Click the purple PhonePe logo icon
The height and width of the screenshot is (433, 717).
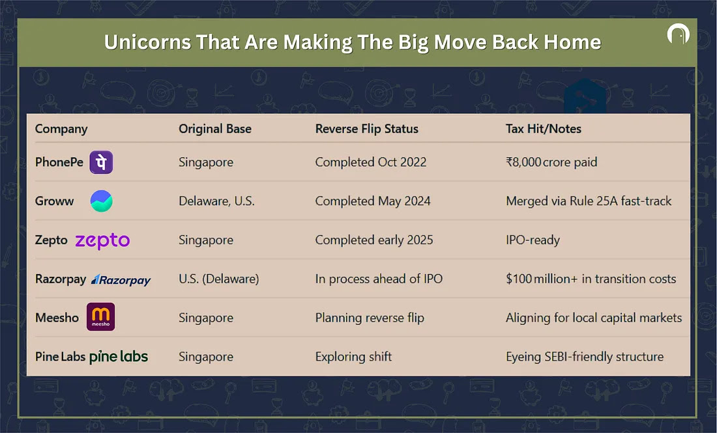pos(101,162)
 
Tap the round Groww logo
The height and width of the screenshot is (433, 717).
pos(101,201)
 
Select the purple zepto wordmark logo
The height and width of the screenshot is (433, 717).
pos(102,241)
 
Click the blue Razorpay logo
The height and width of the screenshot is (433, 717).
pos(121,279)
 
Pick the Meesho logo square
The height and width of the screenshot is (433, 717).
pos(100,316)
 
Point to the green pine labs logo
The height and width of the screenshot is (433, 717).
pos(119,357)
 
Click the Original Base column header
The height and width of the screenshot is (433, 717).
pos(215,129)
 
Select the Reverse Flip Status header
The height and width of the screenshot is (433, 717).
pos(367,129)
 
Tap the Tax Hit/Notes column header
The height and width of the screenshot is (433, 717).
pos(543,129)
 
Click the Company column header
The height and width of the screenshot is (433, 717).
pos(61,130)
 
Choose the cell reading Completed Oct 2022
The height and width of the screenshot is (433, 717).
pos(371,162)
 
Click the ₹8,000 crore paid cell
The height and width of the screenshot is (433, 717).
pos(551,162)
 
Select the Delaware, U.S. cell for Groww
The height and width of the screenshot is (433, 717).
pos(217,201)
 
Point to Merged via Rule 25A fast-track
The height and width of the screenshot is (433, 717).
pos(589,201)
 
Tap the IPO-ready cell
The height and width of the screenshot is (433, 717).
pos(533,240)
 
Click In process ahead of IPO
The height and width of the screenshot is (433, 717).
pos(379,279)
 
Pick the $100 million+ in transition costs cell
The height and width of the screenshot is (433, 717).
pos(591,279)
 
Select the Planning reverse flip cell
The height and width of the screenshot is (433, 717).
pos(370,318)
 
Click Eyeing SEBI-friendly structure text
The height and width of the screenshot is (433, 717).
pos(585,357)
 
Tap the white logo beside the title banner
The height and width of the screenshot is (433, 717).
pos(678,33)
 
